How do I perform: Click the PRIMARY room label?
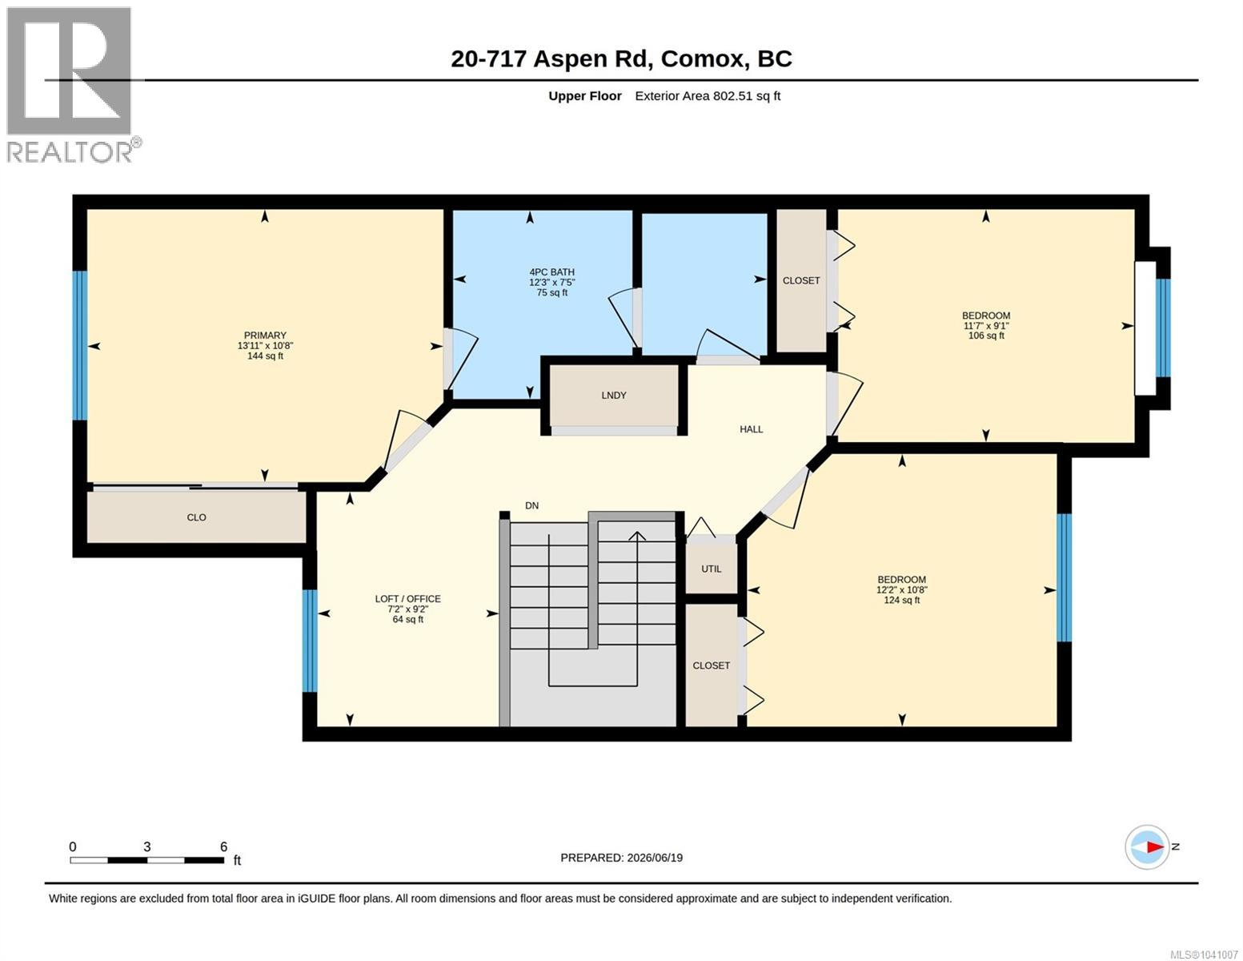tap(265, 335)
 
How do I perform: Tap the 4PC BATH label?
tap(551, 271)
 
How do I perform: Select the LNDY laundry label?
tap(614, 395)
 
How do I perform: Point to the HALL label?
tap(751, 428)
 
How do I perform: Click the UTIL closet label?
tap(711, 569)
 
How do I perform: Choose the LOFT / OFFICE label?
tap(408, 598)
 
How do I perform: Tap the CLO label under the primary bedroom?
tap(196, 517)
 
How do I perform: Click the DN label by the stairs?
tap(532, 505)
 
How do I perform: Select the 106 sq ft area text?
tap(986, 336)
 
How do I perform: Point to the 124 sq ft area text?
tap(901, 600)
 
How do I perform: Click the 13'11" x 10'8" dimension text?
tap(265, 345)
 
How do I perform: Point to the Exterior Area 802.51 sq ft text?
tap(708, 95)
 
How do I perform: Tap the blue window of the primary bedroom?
tap(80, 345)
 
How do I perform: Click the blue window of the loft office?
tap(310, 641)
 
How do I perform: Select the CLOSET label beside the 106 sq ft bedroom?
tap(801, 280)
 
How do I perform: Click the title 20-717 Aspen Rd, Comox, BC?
tap(621, 59)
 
